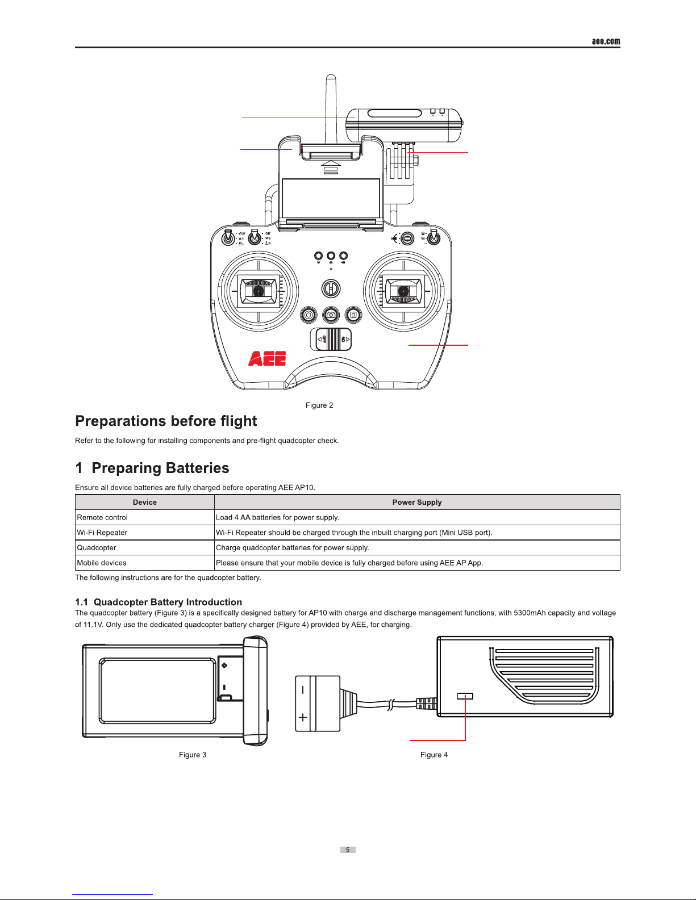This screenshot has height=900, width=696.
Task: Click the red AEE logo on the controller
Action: (267, 358)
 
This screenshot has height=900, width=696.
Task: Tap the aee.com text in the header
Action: (606, 41)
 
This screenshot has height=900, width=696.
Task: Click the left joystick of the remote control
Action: (259, 291)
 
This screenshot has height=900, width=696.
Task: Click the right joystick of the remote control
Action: (403, 291)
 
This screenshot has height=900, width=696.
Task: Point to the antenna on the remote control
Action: (330, 108)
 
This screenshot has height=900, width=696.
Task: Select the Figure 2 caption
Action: (319, 405)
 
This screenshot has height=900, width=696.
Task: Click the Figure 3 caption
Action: (193, 755)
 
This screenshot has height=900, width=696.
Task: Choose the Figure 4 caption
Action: (434, 755)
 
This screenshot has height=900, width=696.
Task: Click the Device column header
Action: (145, 503)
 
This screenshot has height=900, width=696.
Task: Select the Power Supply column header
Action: (417, 503)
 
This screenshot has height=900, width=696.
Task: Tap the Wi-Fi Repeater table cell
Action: (102, 533)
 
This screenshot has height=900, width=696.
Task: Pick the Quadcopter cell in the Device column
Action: (97, 548)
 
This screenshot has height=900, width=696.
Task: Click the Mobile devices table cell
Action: (102, 563)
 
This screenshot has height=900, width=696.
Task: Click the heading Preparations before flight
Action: (166, 421)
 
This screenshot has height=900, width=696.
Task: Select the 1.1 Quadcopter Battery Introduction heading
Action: (159, 602)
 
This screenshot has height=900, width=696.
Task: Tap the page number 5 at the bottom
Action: (348, 850)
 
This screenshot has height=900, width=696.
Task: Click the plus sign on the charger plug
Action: (303, 717)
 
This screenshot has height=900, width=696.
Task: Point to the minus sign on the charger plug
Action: (303, 690)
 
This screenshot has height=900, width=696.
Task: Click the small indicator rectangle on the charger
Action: (465, 696)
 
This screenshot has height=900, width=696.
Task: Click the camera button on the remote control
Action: (331, 315)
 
